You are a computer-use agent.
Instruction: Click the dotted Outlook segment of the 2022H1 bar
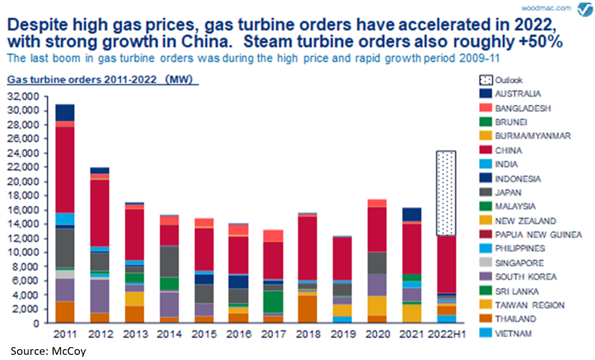445,193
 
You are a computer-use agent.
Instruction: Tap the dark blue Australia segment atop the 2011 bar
64,112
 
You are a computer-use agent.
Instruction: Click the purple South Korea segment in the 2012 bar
100,296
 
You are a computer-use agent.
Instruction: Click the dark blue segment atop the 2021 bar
410,215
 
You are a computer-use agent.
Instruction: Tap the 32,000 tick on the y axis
24,96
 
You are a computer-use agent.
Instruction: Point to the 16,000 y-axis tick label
24,210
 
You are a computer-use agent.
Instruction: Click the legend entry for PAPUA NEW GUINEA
538,235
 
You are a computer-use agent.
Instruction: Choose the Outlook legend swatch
485,80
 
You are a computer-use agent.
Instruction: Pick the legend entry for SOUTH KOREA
525,277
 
